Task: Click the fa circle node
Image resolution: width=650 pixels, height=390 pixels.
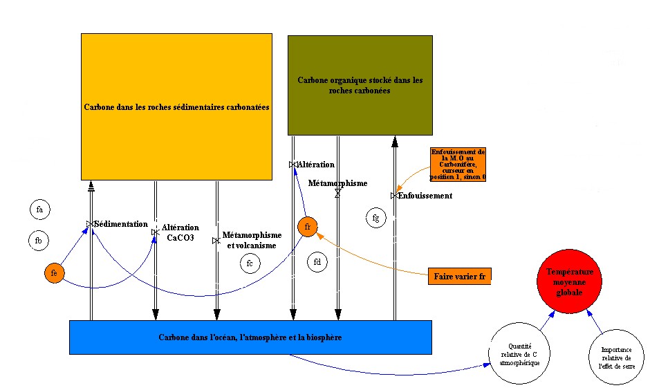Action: (x=40, y=209)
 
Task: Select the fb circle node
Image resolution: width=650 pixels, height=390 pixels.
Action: (x=39, y=240)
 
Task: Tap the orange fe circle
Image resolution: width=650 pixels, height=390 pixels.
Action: (x=54, y=273)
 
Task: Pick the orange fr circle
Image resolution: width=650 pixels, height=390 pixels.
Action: (x=308, y=226)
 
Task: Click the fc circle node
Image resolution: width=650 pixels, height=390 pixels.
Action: (x=250, y=263)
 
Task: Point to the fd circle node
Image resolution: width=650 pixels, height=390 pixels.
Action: (x=317, y=262)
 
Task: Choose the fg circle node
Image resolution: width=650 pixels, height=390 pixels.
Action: (x=375, y=218)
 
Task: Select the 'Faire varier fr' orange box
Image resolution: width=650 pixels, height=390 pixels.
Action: (x=458, y=276)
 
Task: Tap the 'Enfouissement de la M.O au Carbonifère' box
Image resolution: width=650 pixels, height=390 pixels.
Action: (x=458, y=165)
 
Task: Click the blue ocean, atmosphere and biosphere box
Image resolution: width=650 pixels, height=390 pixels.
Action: (x=250, y=337)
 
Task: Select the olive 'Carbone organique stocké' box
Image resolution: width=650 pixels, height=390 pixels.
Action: (x=360, y=85)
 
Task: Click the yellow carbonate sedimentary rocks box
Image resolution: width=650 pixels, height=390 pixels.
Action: (x=176, y=107)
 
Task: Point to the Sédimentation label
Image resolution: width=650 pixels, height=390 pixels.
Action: (x=121, y=224)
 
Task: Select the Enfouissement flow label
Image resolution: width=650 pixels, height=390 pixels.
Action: (x=425, y=196)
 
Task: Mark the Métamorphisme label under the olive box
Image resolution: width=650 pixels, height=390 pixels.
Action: (x=337, y=183)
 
